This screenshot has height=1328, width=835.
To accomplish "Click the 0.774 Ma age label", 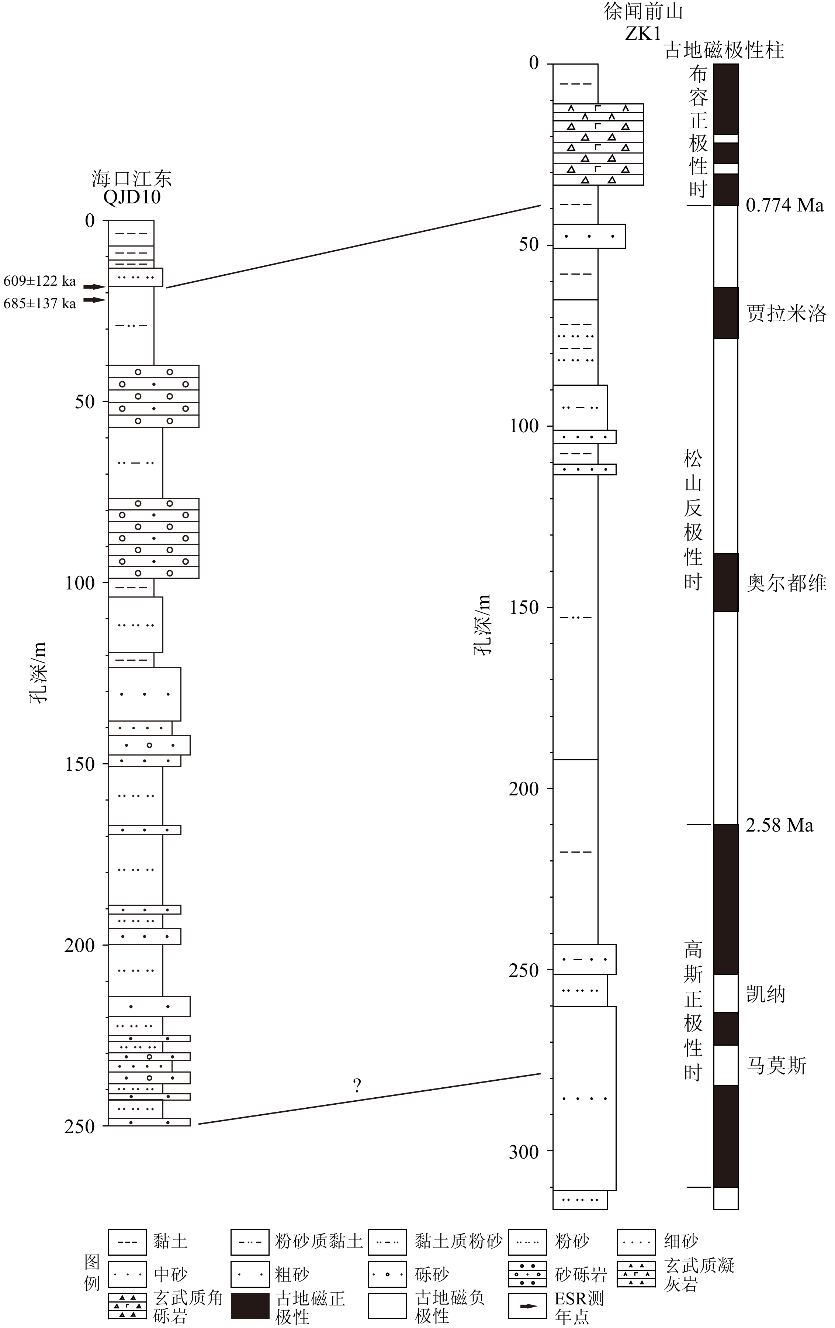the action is click(x=784, y=205).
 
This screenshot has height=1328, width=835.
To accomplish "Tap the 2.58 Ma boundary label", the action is click(x=779, y=825).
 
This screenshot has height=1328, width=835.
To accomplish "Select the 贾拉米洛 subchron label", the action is click(x=786, y=313).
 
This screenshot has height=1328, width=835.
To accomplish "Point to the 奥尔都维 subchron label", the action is click(x=786, y=583).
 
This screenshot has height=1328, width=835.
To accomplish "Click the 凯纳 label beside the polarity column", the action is click(x=766, y=994).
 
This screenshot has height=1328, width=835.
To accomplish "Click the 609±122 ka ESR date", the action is click(x=40, y=281).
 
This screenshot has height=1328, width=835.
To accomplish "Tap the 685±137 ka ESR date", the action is click(x=40, y=303).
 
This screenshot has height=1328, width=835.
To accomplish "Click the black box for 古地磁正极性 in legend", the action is click(x=250, y=1305).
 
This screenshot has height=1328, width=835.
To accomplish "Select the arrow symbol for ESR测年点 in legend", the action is click(x=527, y=1306).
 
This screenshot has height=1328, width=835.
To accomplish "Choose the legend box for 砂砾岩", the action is click(x=527, y=1274).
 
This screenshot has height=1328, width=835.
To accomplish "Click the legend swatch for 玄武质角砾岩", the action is click(x=127, y=1305).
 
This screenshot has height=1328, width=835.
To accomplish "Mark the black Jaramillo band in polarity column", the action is click(x=726, y=313).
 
